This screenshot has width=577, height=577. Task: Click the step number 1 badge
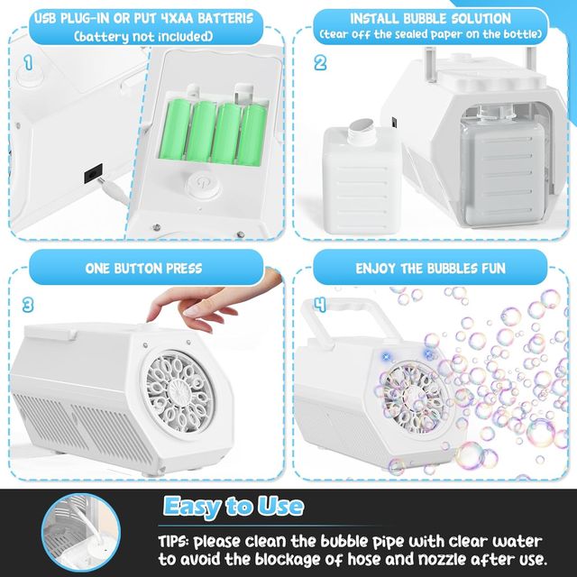[28, 64]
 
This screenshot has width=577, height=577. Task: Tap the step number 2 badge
[320, 64]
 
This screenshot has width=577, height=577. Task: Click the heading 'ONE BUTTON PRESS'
[143, 268]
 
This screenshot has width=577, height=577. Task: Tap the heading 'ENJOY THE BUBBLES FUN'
[430, 268]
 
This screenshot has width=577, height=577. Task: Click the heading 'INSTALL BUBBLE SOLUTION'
[431, 18]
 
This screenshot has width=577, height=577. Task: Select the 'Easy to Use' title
[233, 506]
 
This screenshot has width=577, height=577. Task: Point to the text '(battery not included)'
[144, 36]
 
